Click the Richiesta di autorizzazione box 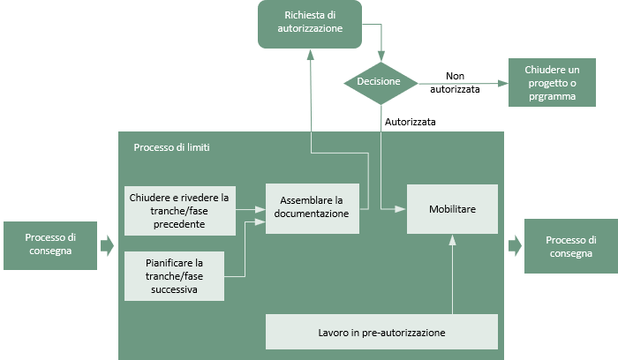point(310,25)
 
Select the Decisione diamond point(381,83)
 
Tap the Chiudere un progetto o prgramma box point(552,82)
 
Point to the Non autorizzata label point(455,83)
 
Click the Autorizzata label point(411,122)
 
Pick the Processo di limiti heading point(171,147)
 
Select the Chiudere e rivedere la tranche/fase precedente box point(180,211)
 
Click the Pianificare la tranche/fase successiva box point(174,276)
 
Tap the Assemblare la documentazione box point(313,208)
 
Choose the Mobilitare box point(452,209)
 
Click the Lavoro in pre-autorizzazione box point(381,332)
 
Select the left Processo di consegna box point(50,245)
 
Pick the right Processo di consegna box point(570,246)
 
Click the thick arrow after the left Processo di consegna point(107,246)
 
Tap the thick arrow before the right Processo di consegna point(515,246)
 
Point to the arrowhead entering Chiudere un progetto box point(503,84)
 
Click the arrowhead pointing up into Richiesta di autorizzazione point(311,55)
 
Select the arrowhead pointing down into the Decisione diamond point(381,56)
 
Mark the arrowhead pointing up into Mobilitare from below point(452,240)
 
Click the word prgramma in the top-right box point(552,96)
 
